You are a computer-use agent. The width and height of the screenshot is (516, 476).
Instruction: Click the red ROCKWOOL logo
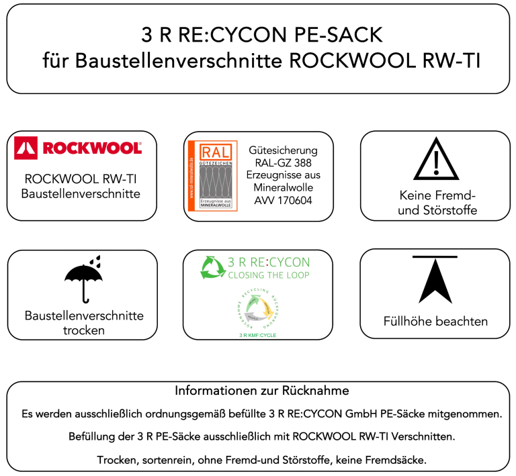[78, 148]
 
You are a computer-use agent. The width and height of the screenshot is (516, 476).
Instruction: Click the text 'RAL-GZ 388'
[284, 163]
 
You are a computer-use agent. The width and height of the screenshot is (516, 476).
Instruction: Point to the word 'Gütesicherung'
[284, 150]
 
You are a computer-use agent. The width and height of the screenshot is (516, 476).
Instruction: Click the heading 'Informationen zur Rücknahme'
[261, 391]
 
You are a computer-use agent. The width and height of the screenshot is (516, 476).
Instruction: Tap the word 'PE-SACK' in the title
[332, 36]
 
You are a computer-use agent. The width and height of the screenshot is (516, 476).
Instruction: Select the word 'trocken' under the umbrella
[84, 330]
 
